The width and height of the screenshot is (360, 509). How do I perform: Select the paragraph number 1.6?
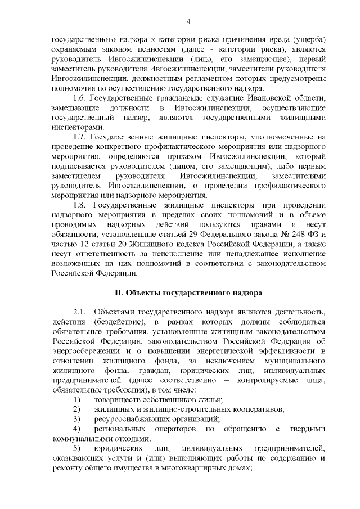(80, 98)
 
